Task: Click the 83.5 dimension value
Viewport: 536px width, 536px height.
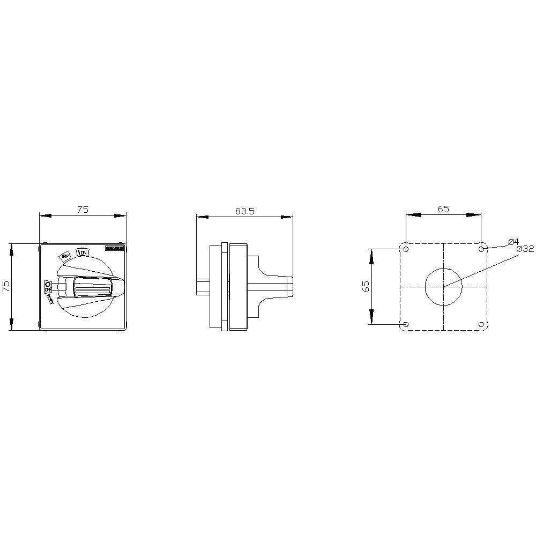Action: tap(244, 211)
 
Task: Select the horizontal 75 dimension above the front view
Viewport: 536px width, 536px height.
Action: tap(82, 210)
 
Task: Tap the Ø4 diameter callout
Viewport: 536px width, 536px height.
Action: tap(512, 241)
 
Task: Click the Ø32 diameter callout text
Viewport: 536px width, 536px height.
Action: tap(525, 249)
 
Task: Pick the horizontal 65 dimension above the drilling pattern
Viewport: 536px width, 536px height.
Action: tap(443, 209)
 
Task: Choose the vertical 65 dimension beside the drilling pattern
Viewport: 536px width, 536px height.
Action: tap(367, 286)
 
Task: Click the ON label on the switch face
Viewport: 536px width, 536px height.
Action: tap(83, 251)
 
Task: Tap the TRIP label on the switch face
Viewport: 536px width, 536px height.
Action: tap(65, 256)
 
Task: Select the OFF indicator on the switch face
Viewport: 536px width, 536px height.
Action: tap(48, 285)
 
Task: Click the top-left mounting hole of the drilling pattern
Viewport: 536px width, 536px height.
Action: tap(406, 249)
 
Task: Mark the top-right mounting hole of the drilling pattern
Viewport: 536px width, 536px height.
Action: tap(481, 249)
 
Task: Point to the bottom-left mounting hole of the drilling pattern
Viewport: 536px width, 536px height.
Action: tap(406, 324)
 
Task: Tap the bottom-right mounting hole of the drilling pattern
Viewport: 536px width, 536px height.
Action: tap(481, 324)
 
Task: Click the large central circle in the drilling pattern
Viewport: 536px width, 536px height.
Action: tap(443, 287)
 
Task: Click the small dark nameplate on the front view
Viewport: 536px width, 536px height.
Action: tap(114, 248)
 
